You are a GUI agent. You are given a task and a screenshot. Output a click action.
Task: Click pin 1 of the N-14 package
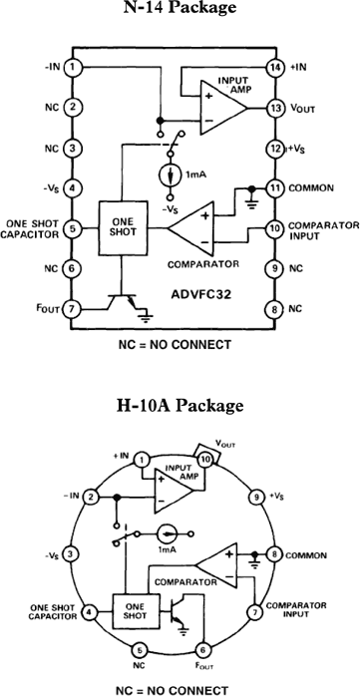(x=75, y=67)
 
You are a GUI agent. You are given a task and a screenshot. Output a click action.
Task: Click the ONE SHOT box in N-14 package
(x=122, y=227)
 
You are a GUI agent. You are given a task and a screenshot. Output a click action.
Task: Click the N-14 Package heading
(x=180, y=9)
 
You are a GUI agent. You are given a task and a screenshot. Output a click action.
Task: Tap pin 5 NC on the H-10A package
(x=140, y=649)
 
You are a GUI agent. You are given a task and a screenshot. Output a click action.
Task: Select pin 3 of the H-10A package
(x=71, y=553)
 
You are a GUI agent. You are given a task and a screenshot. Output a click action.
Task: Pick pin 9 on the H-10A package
(x=257, y=496)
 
